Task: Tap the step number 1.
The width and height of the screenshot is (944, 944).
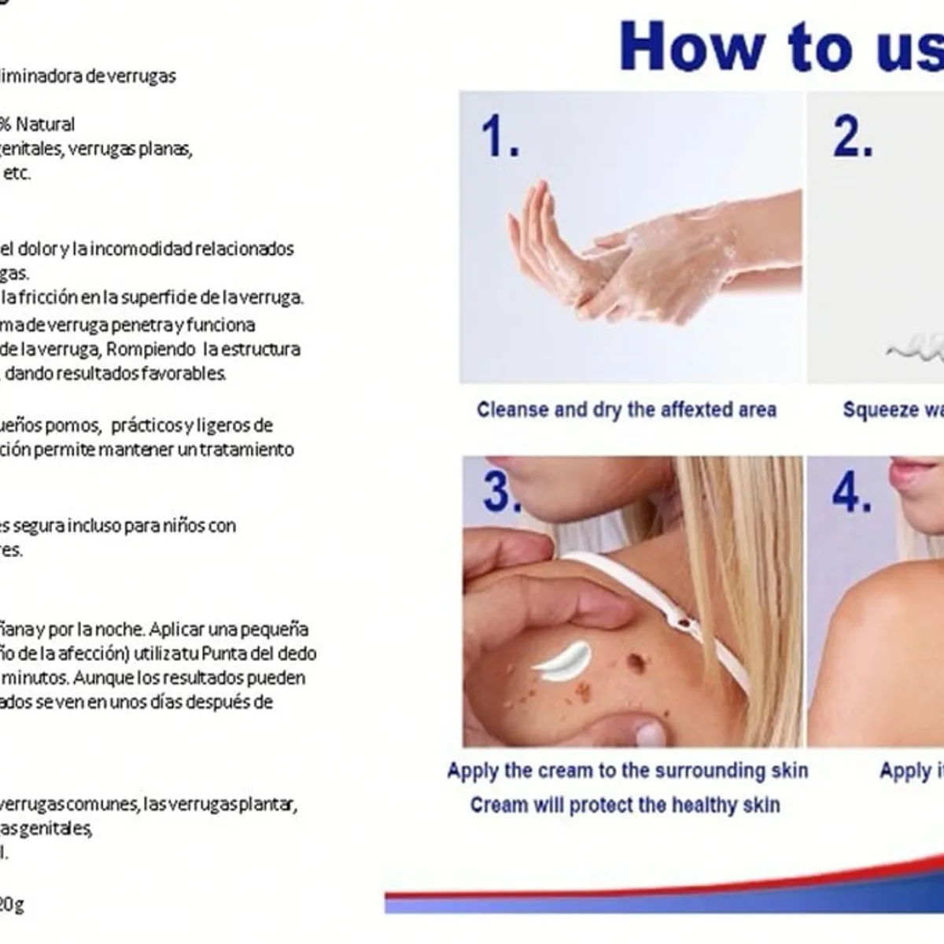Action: click(500, 136)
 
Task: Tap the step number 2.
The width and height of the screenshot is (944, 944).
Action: click(853, 136)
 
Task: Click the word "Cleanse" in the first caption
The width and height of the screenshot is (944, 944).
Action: click(512, 410)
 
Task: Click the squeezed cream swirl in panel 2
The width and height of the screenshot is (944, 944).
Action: click(916, 347)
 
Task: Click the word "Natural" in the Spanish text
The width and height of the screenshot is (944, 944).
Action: click(46, 124)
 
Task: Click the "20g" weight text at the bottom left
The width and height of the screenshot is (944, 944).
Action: click(11, 905)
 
